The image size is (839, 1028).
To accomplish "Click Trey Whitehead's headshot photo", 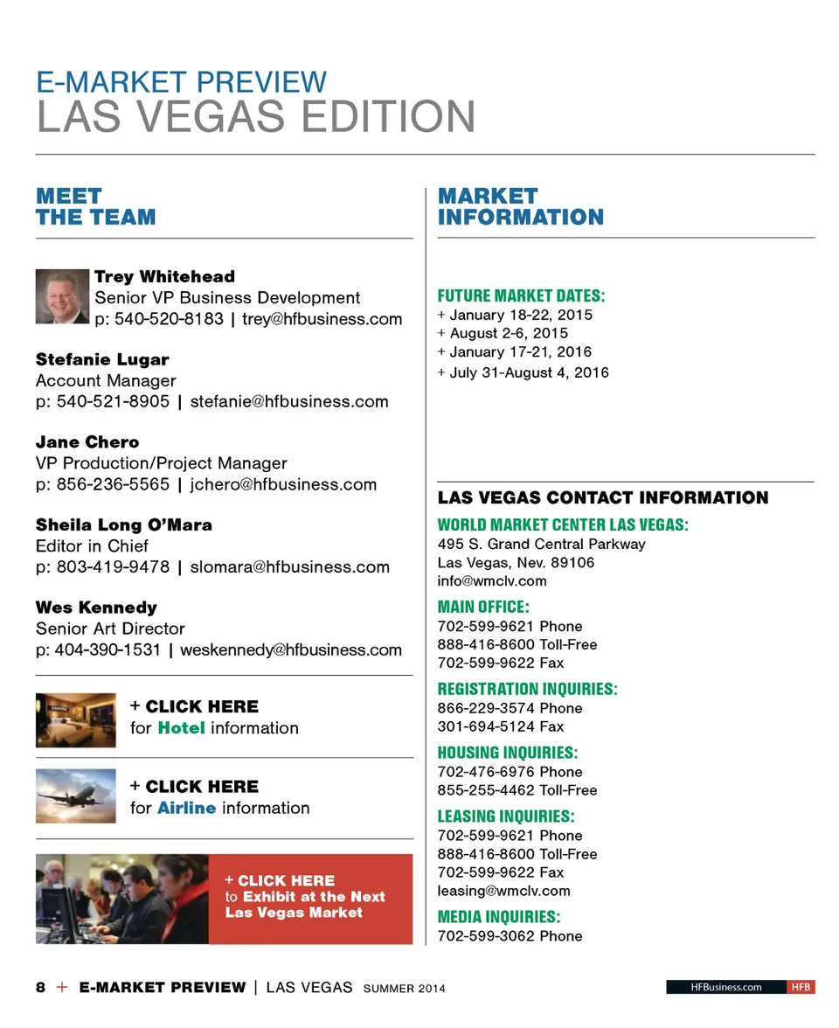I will (x=62, y=296).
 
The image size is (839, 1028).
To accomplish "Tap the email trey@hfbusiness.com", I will (x=322, y=319).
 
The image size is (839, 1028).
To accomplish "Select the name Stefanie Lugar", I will (x=102, y=359).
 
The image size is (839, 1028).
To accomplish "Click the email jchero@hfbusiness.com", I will (x=283, y=484).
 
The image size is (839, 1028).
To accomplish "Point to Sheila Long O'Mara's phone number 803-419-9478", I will (x=113, y=567).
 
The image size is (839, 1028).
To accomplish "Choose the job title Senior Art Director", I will (x=110, y=629).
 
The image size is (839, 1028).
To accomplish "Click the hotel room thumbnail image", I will (x=75, y=719).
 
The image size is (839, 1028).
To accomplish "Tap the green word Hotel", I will (x=181, y=728).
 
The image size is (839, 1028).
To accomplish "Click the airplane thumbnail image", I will (x=75, y=795).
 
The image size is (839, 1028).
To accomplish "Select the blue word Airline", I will (x=186, y=809).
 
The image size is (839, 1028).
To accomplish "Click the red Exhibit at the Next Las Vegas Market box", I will (x=310, y=899).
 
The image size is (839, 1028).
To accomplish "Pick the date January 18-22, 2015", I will (x=520, y=315).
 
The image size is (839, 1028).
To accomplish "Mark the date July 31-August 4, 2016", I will (x=529, y=372).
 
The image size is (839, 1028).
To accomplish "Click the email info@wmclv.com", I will (x=491, y=580).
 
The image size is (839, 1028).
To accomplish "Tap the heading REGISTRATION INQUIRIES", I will (x=527, y=689).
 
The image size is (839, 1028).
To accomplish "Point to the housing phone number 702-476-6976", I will (x=486, y=772).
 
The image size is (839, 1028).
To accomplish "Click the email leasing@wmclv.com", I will (x=503, y=891).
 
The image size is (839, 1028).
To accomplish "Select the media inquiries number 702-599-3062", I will (x=486, y=936).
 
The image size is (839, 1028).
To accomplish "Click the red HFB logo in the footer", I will (x=801, y=987).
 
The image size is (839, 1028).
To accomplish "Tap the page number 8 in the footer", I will (x=40, y=988).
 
